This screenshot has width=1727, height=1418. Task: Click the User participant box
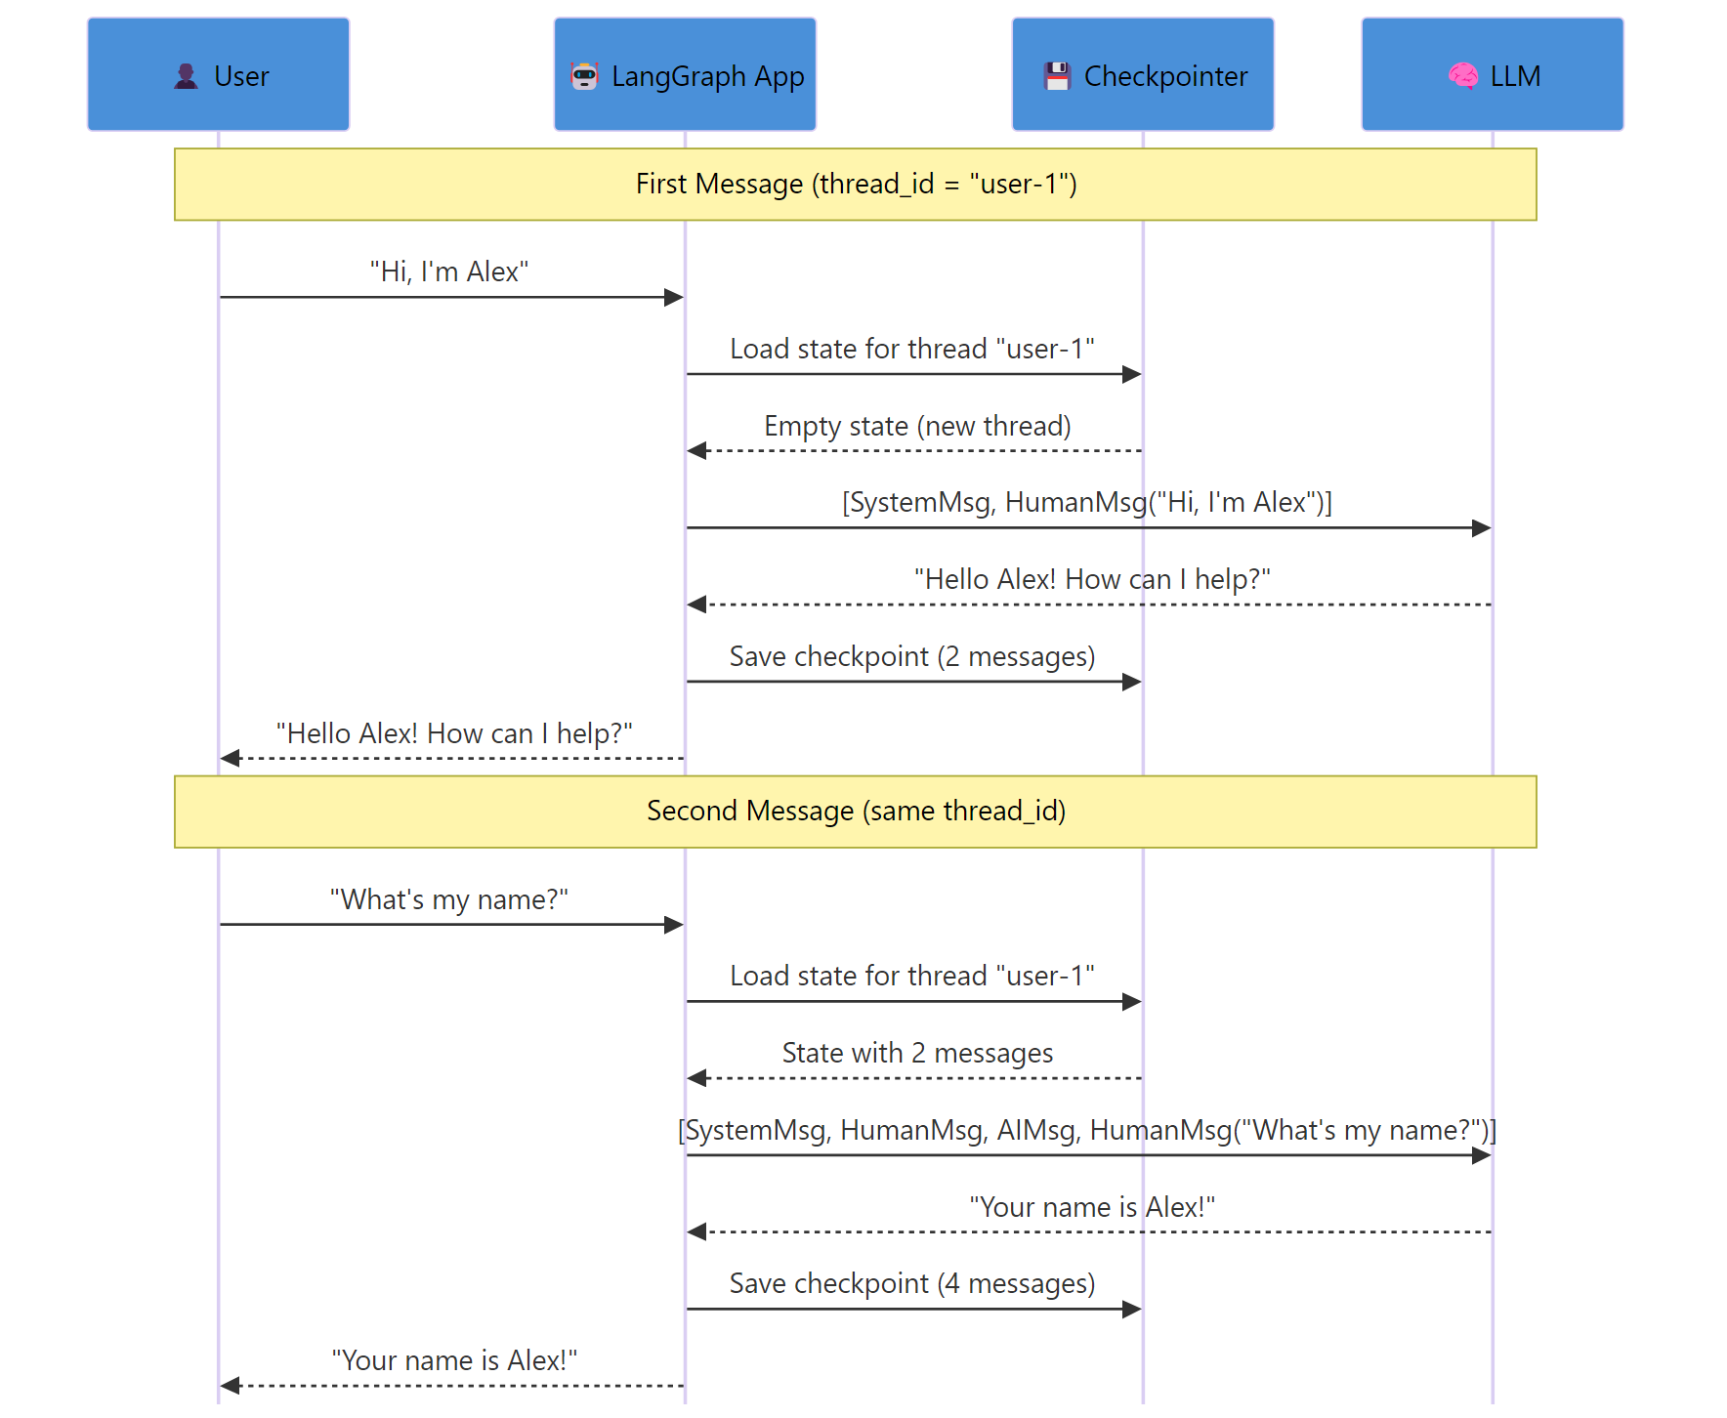pyautogui.click(x=218, y=74)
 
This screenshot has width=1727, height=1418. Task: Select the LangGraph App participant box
pyautogui.click(x=685, y=74)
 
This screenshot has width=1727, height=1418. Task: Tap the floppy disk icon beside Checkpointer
pyautogui.click(x=1057, y=76)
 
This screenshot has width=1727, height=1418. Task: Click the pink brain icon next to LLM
pyautogui.click(x=1462, y=76)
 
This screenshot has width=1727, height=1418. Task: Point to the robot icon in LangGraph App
pyautogui.click(x=584, y=76)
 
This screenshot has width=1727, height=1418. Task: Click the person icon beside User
pyautogui.click(x=186, y=76)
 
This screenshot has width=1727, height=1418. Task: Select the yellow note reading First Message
pyautogui.click(x=855, y=185)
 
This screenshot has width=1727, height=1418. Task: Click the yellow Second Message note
pyautogui.click(x=855, y=812)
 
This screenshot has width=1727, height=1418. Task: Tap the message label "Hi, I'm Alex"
pyautogui.click(x=449, y=271)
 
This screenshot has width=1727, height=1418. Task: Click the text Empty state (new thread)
pyautogui.click(x=917, y=426)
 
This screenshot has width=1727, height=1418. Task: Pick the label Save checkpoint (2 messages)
pyautogui.click(x=911, y=656)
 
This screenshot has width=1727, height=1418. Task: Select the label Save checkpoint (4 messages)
pyautogui.click(x=911, y=1283)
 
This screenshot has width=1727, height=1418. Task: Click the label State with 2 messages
pyautogui.click(x=917, y=1053)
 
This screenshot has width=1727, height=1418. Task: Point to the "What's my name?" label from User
pyautogui.click(x=449, y=899)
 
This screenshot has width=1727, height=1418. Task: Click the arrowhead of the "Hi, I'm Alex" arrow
pyautogui.click(x=674, y=297)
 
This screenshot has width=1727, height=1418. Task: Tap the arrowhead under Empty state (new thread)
pyautogui.click(x=696, y=450)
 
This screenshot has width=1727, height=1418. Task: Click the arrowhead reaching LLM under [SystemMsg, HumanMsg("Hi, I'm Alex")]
pyautogui.click(x=1482, y=528)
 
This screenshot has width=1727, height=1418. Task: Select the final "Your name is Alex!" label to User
pyautogui.click(x=454, y=1360)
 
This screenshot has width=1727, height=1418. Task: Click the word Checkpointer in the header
pyautogui.click(x=1165, y=76)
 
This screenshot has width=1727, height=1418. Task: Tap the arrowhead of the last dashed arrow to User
pyautogui.click(x=231, y=1386)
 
